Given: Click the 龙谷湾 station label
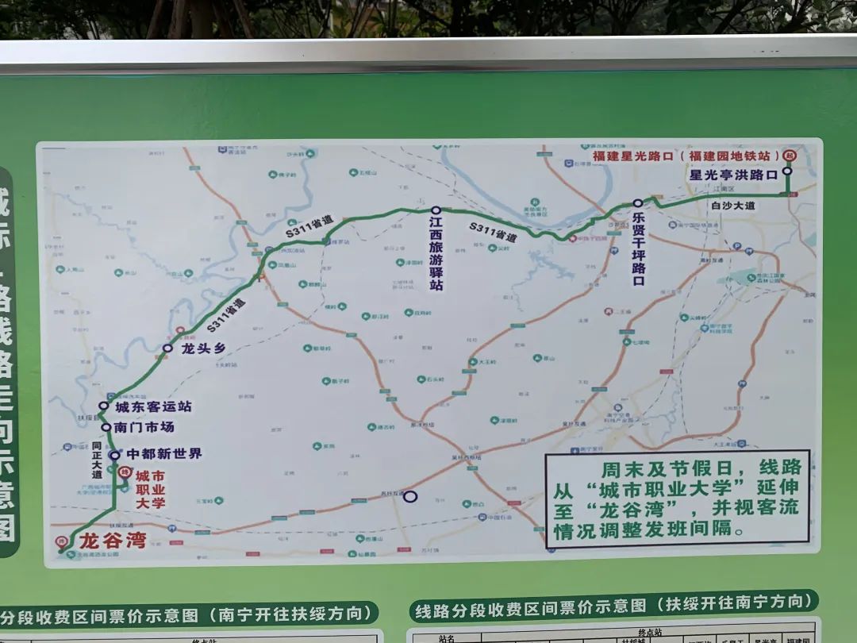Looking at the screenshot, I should pos(113,541).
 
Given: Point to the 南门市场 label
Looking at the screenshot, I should pos(144,427).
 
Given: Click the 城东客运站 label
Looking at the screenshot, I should pos(153,406).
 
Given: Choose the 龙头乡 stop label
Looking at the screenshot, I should pos(203,348).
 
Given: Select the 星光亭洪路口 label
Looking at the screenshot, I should pos(733,175).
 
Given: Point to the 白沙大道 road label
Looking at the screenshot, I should pos(732,206).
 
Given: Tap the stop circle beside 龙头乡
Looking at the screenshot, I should pos(167,348).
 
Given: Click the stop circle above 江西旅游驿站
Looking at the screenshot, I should pos(436,210).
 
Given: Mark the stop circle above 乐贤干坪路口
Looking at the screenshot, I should pos(637,203).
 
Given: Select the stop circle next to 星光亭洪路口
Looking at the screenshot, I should pos(787,171).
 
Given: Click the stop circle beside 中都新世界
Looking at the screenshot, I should pos(114,455).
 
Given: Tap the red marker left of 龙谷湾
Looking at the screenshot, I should pos(63,543).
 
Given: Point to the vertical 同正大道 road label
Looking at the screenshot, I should pos(97,461).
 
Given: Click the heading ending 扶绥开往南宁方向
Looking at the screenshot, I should pos(613,607).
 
